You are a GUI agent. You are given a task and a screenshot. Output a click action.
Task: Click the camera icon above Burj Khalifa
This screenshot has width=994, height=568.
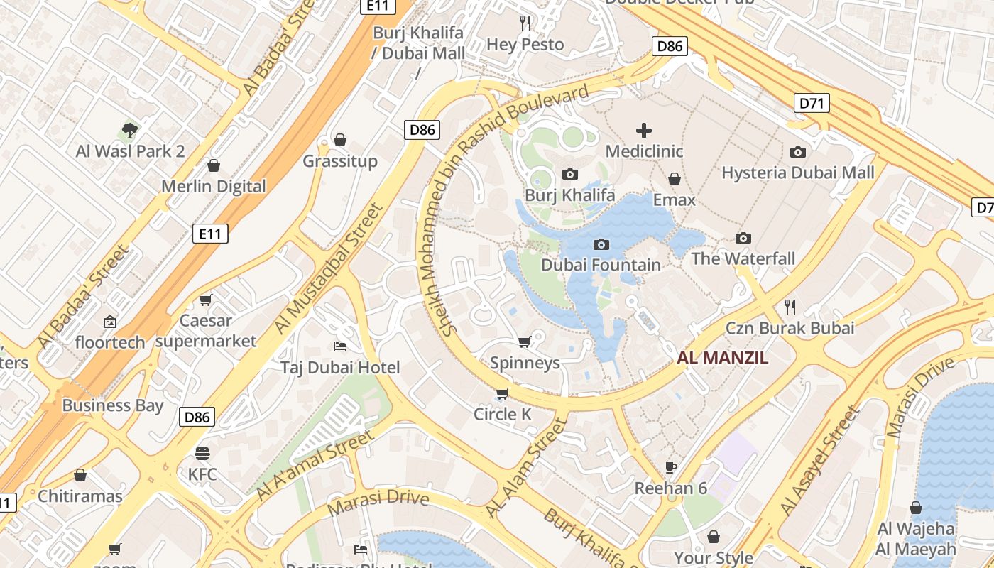point(569,175)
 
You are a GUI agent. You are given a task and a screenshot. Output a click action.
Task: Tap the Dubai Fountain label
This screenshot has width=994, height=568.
point(601,265)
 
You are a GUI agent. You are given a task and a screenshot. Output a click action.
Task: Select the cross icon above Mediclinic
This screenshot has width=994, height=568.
point(643,131)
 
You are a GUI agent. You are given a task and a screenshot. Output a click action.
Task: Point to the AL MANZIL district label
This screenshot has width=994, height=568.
point(722,358)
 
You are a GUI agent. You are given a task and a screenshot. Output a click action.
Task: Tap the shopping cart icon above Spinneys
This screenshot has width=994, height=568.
point(525,342)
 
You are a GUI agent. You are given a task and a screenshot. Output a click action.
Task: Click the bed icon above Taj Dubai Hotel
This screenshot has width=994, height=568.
point(340,346)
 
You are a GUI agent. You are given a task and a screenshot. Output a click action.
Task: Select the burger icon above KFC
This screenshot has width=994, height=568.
point(202,453)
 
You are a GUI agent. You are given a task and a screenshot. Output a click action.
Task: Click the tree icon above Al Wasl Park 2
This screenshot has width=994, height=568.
point(129,130)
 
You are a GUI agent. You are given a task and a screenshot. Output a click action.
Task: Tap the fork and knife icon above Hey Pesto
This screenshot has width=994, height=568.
point(525,23)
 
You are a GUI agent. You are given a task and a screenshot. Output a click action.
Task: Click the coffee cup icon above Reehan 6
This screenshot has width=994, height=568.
point(671,467)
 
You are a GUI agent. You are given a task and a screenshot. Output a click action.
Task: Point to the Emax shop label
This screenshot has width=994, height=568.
point(674,200)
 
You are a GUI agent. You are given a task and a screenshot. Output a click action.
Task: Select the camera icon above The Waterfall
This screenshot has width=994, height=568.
point(743,238)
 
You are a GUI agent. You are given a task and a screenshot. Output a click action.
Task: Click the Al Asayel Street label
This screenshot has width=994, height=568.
point(819,461)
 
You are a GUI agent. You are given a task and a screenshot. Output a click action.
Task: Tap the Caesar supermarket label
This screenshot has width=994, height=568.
point(205,330)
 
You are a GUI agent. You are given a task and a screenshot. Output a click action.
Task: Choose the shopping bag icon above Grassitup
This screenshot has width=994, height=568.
point(340,140)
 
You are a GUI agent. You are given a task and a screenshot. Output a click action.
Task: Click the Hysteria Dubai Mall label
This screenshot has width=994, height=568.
point(798,173)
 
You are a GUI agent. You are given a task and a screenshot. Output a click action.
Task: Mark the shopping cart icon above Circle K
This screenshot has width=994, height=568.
point(503,393)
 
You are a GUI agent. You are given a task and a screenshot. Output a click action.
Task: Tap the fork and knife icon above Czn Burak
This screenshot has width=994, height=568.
point(790,307)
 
